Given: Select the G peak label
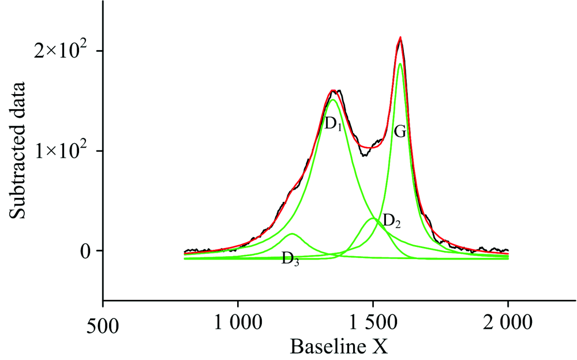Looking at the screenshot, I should tap(400, 132).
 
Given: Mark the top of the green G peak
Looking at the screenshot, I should tap(400, 63).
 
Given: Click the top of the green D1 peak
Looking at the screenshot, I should tap(333, 100).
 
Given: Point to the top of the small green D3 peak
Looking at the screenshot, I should tap(292, 234).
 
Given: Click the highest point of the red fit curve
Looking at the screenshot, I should tap(400, 38).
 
